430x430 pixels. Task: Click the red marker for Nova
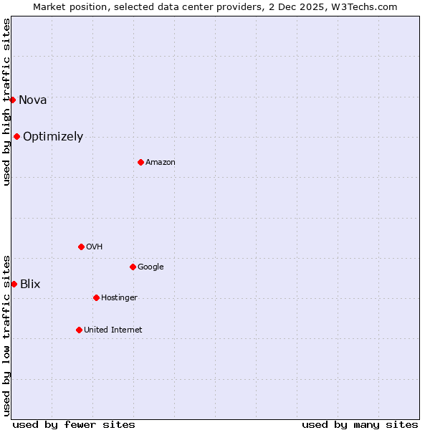13,100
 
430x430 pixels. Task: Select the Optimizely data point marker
16,136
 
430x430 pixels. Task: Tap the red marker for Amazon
140,162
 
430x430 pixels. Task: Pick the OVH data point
81,247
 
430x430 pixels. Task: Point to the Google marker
133,267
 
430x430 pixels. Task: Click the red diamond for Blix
14,284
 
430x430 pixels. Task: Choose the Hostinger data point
96,297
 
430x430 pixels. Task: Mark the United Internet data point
79,330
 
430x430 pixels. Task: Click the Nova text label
33,100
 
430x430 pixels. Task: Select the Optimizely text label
53,137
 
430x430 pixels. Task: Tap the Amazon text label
161,163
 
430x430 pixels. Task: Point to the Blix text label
30,285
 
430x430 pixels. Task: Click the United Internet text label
113,330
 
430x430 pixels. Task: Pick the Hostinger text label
119,298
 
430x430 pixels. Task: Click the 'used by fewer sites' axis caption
74,424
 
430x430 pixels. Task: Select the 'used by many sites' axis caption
360,424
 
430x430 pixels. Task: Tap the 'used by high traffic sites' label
6,102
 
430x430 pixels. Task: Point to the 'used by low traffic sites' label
6,335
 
